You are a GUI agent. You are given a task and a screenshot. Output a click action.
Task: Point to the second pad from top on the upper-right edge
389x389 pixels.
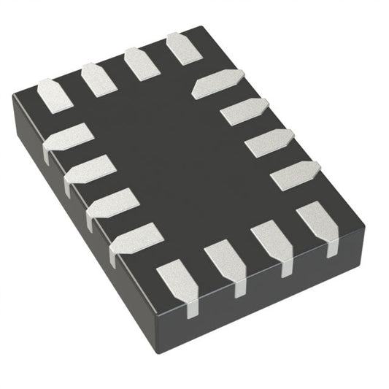(x=244, y=111)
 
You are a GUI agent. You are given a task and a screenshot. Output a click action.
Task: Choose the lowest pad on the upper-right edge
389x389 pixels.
(x=295, y=175)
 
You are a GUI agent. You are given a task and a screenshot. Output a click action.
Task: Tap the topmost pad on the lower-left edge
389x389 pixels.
(x=68, y=139)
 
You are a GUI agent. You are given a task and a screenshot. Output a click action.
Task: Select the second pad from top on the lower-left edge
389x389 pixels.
(x=90, y=170)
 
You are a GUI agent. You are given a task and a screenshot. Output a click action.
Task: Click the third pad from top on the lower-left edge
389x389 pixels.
(x=112, y=204)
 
